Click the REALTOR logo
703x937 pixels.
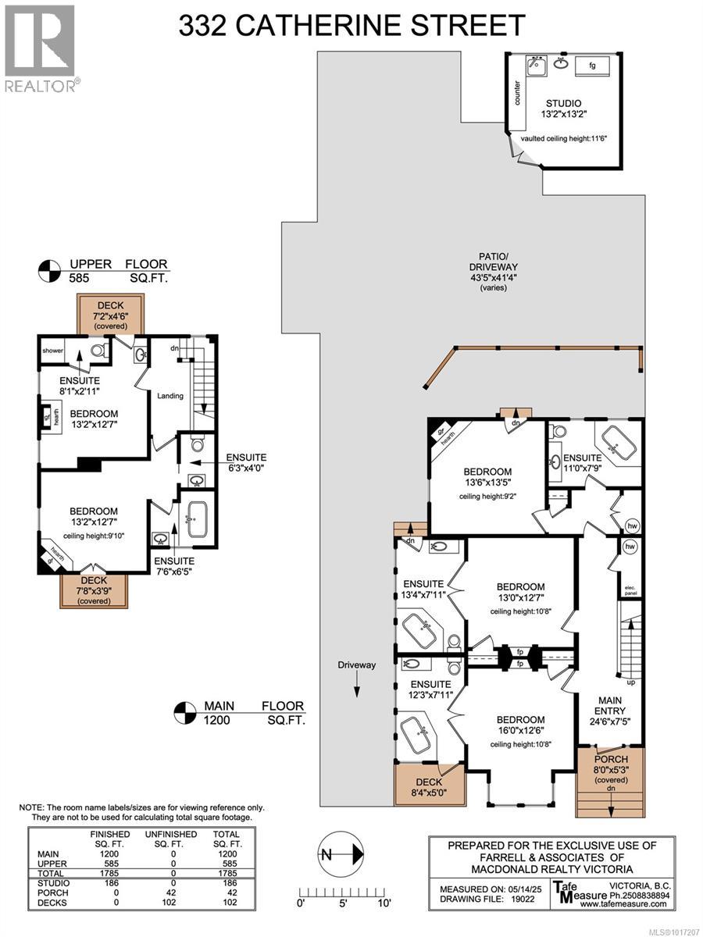click(x=40, y=48)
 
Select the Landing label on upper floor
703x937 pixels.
click(x=170, y=396)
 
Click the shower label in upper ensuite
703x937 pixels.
click(x=53, y=351)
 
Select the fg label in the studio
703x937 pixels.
click(x=592, y=66)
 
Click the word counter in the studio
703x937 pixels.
click(x=517, y=92)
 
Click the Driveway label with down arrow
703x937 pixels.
click(x=357, y=666)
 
